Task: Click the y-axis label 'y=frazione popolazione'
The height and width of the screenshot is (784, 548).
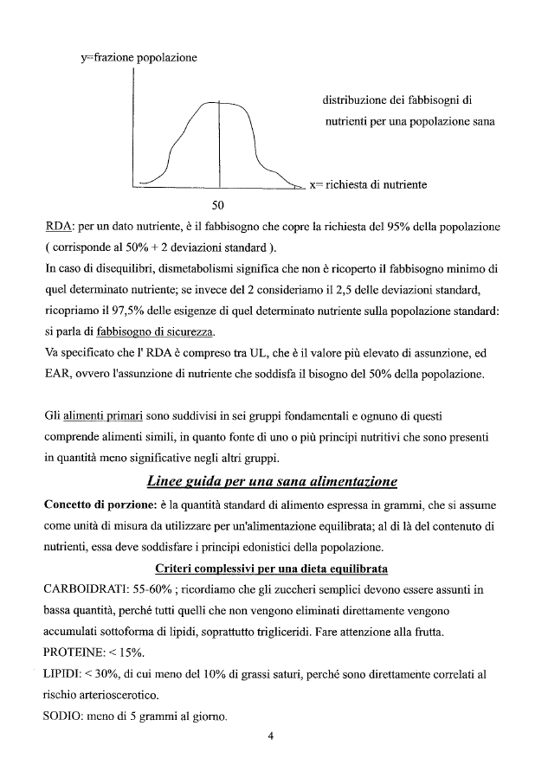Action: (139, 58)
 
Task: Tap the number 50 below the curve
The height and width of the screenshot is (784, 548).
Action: (218, 205)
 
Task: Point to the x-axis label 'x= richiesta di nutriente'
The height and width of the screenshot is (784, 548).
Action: (368, 184)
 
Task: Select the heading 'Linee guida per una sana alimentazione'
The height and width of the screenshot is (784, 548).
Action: (273, 481)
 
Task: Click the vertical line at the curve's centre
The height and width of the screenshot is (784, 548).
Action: (219, 143)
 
